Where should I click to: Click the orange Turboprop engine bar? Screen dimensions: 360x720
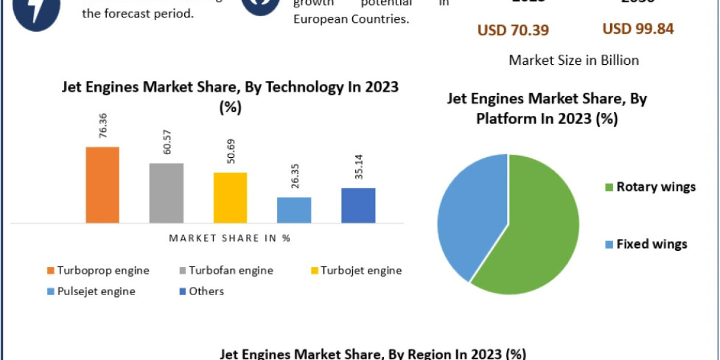103,185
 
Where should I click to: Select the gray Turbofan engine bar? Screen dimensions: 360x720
166,193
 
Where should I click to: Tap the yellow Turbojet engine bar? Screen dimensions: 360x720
230,198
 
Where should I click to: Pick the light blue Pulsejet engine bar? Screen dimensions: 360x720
294,210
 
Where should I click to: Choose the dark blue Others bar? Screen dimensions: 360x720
358,205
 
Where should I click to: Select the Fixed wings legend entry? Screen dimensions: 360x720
645,244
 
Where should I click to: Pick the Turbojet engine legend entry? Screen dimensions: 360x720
355,271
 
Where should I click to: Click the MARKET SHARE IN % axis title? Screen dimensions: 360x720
230,238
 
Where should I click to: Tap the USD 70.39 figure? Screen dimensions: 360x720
513,30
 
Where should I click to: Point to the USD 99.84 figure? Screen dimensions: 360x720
638,29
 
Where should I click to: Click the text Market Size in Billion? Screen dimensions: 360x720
574,60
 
